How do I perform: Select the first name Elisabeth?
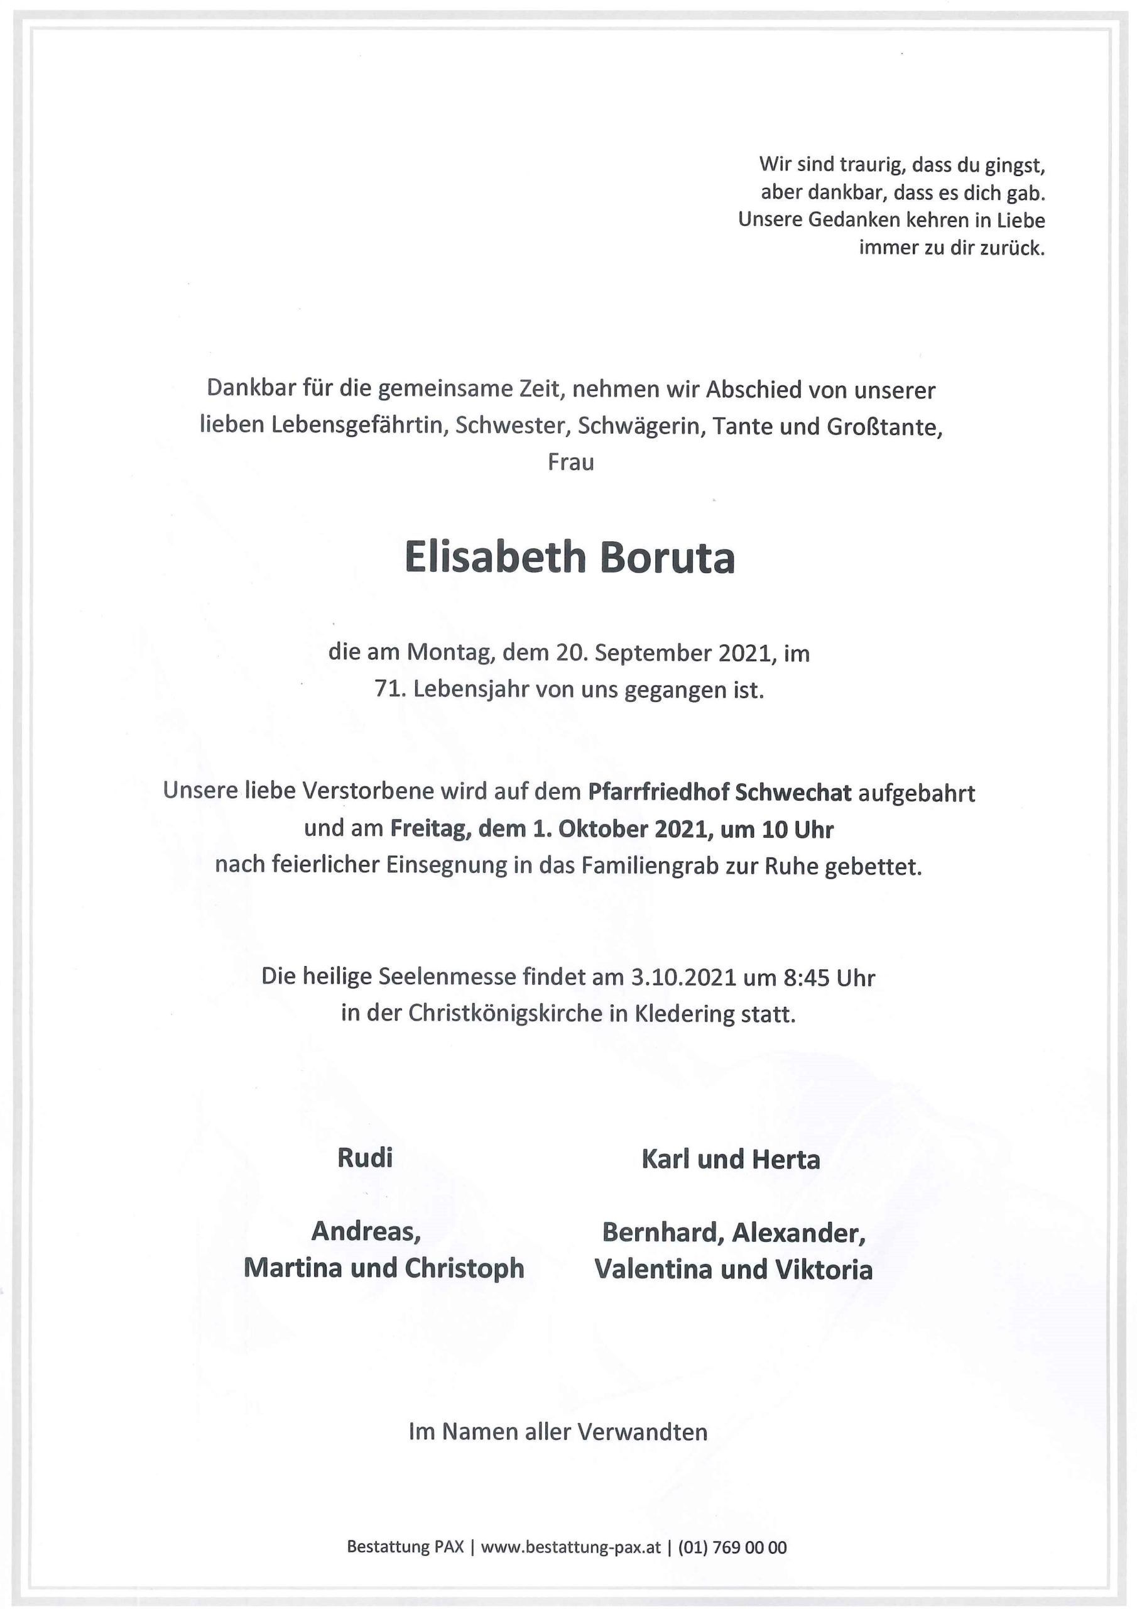click(494, 559)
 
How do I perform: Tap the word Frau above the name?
click(570, 463)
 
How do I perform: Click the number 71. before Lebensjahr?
click(390, 689)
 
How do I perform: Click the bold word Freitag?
click(431, 829)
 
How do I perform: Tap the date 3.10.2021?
click(683, 977)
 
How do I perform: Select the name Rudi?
click(365, 1158)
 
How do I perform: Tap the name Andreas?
click(365, 1231)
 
